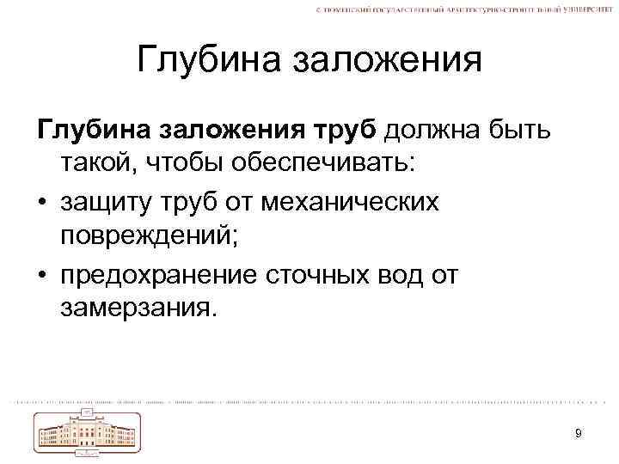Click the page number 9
[579, 433]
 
